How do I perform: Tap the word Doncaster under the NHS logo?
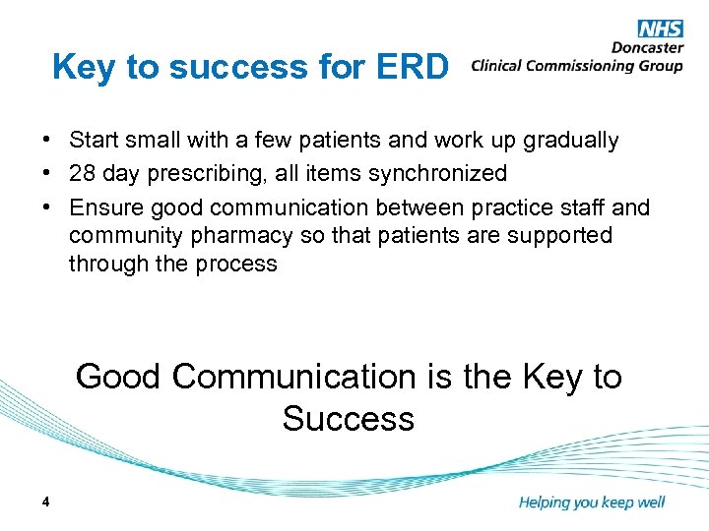(x=646, y=48)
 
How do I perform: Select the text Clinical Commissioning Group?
(x=577, y=66)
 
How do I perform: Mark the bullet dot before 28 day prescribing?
(x=48, y=174)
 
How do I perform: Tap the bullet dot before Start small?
(x=48, y=141)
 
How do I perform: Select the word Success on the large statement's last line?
(x=348, y=419)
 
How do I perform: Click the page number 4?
(x=46, y=502)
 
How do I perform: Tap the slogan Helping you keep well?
(x=591, y=502)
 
